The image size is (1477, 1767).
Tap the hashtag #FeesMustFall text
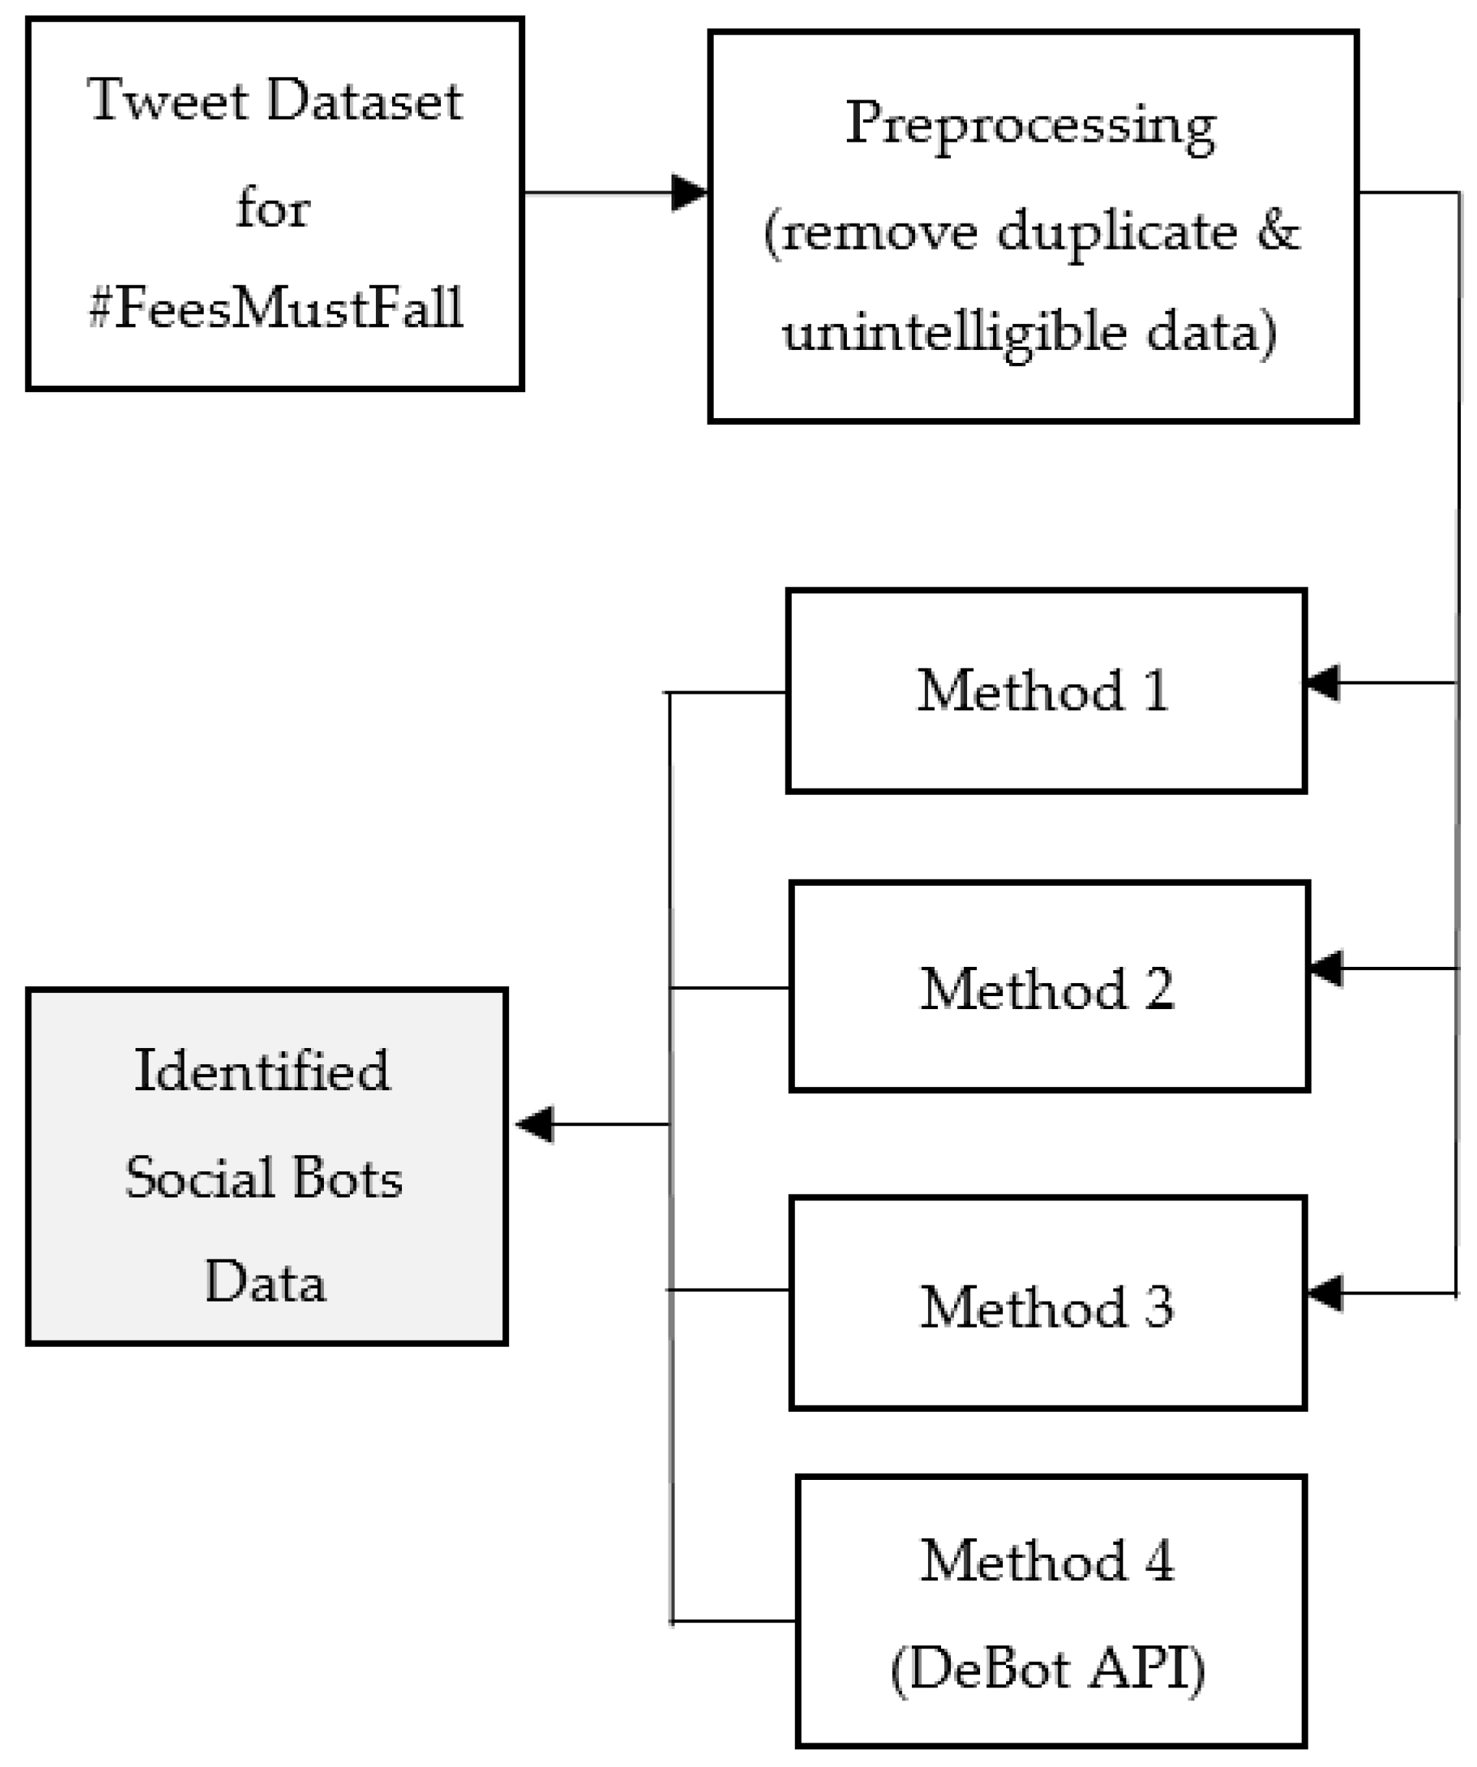pyautogui.click(x=276, y=308)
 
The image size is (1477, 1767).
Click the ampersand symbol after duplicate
pyautogui.click(x=1279, y=230)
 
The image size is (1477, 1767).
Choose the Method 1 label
pyautogui.click(x=1043, y=691)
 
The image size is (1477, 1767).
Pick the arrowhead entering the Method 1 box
pyautogui.click(x=1323, y=682)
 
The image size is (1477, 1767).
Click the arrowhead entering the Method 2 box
pyautogui.click(x=1326, y=968)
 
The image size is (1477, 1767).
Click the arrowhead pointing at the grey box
pyautogui.click(x=534, y=1124)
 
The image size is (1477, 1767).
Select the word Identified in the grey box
pyautogui.click(x=262, y=1071)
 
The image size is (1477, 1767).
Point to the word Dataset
pyautogui.click(x=364, y=101)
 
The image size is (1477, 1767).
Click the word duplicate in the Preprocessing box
pyautogui.click(x=1117, y=230)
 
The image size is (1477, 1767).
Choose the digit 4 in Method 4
pyautogui.click(x=1160, y=1561)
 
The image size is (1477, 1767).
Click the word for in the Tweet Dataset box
pyautogui.click(x=273, y=207)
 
